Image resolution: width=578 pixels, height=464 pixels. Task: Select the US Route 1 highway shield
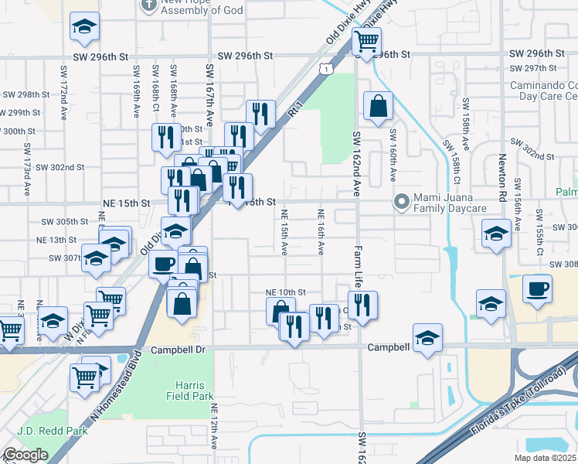tap(328, 70)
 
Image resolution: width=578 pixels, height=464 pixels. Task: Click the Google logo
tap(25, 455)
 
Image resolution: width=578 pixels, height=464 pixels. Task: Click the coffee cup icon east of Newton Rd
tap(537, 289)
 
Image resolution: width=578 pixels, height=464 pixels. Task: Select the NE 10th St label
tap(286, 292)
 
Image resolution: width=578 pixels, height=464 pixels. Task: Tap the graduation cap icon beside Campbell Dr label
tap(427, 338)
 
